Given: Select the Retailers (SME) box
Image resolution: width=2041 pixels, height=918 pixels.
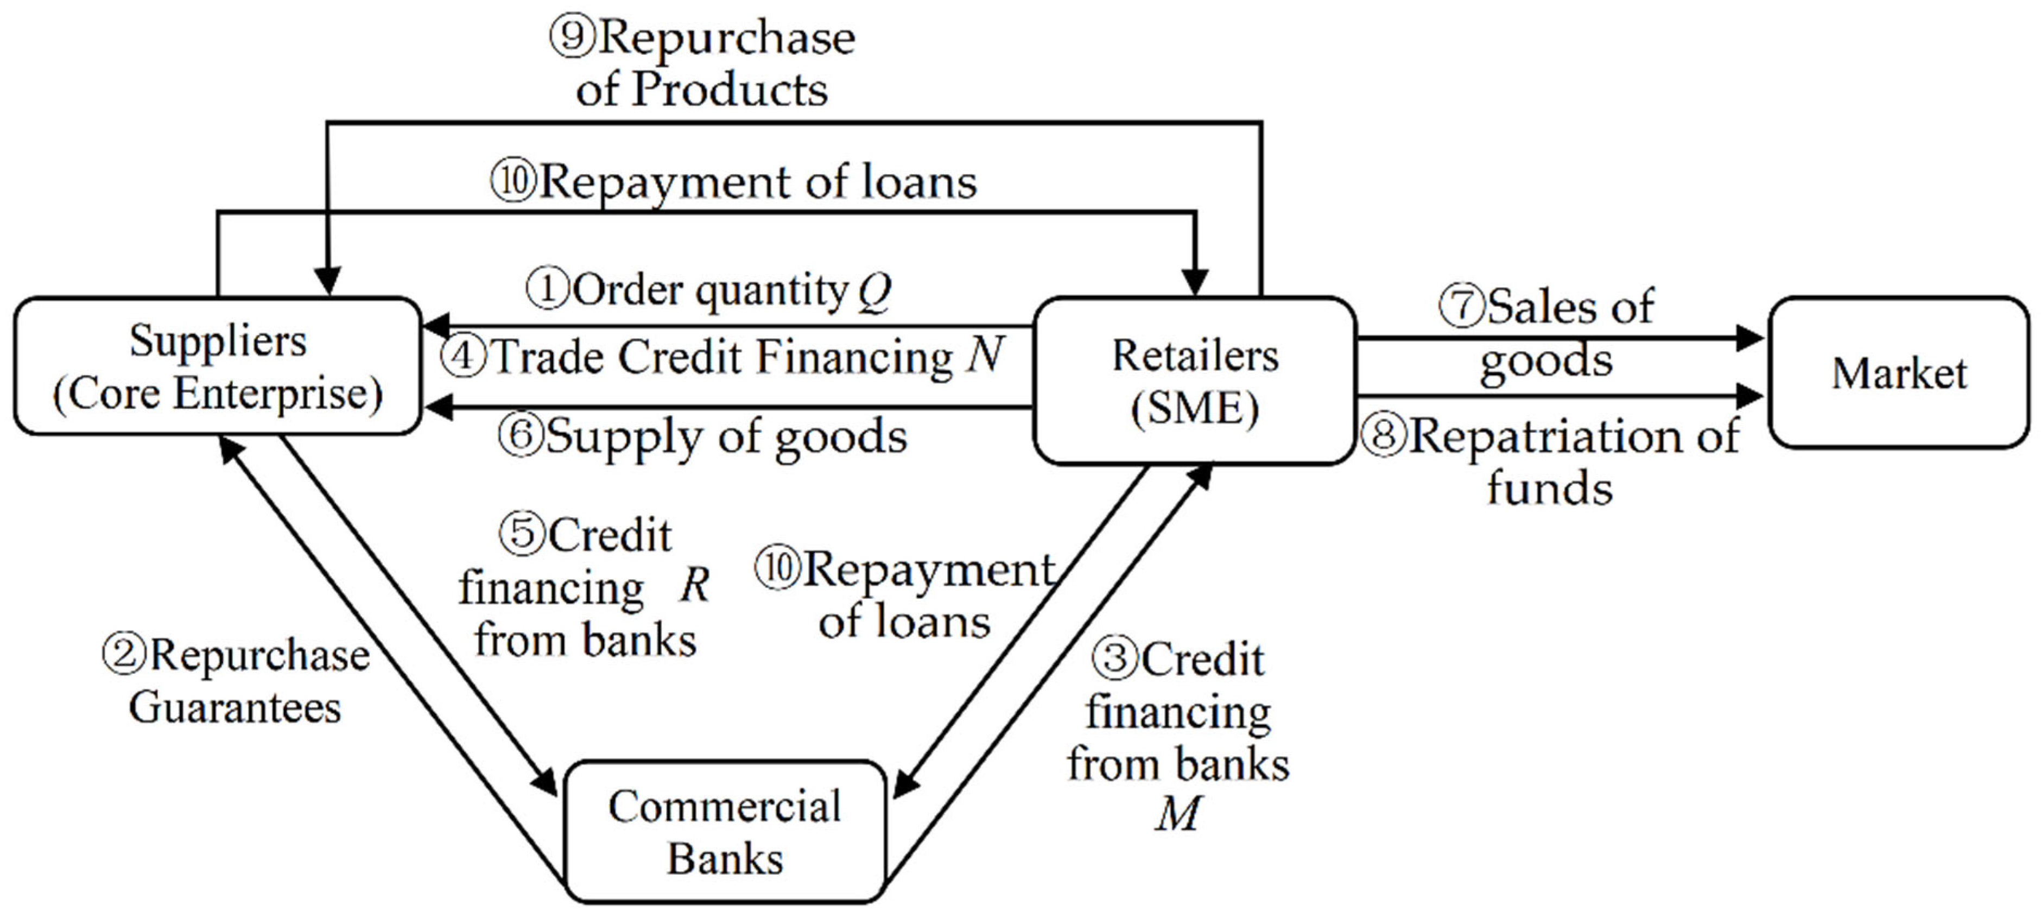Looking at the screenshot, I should [1195, 380].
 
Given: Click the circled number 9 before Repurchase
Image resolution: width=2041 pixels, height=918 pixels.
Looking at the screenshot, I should [572, 37].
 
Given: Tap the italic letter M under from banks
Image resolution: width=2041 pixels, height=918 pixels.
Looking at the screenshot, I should [1177, 813].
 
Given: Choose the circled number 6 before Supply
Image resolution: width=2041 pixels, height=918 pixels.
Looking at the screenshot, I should [521, 435].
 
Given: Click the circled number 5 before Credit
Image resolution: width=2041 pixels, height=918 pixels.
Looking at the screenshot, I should [521, 533].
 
